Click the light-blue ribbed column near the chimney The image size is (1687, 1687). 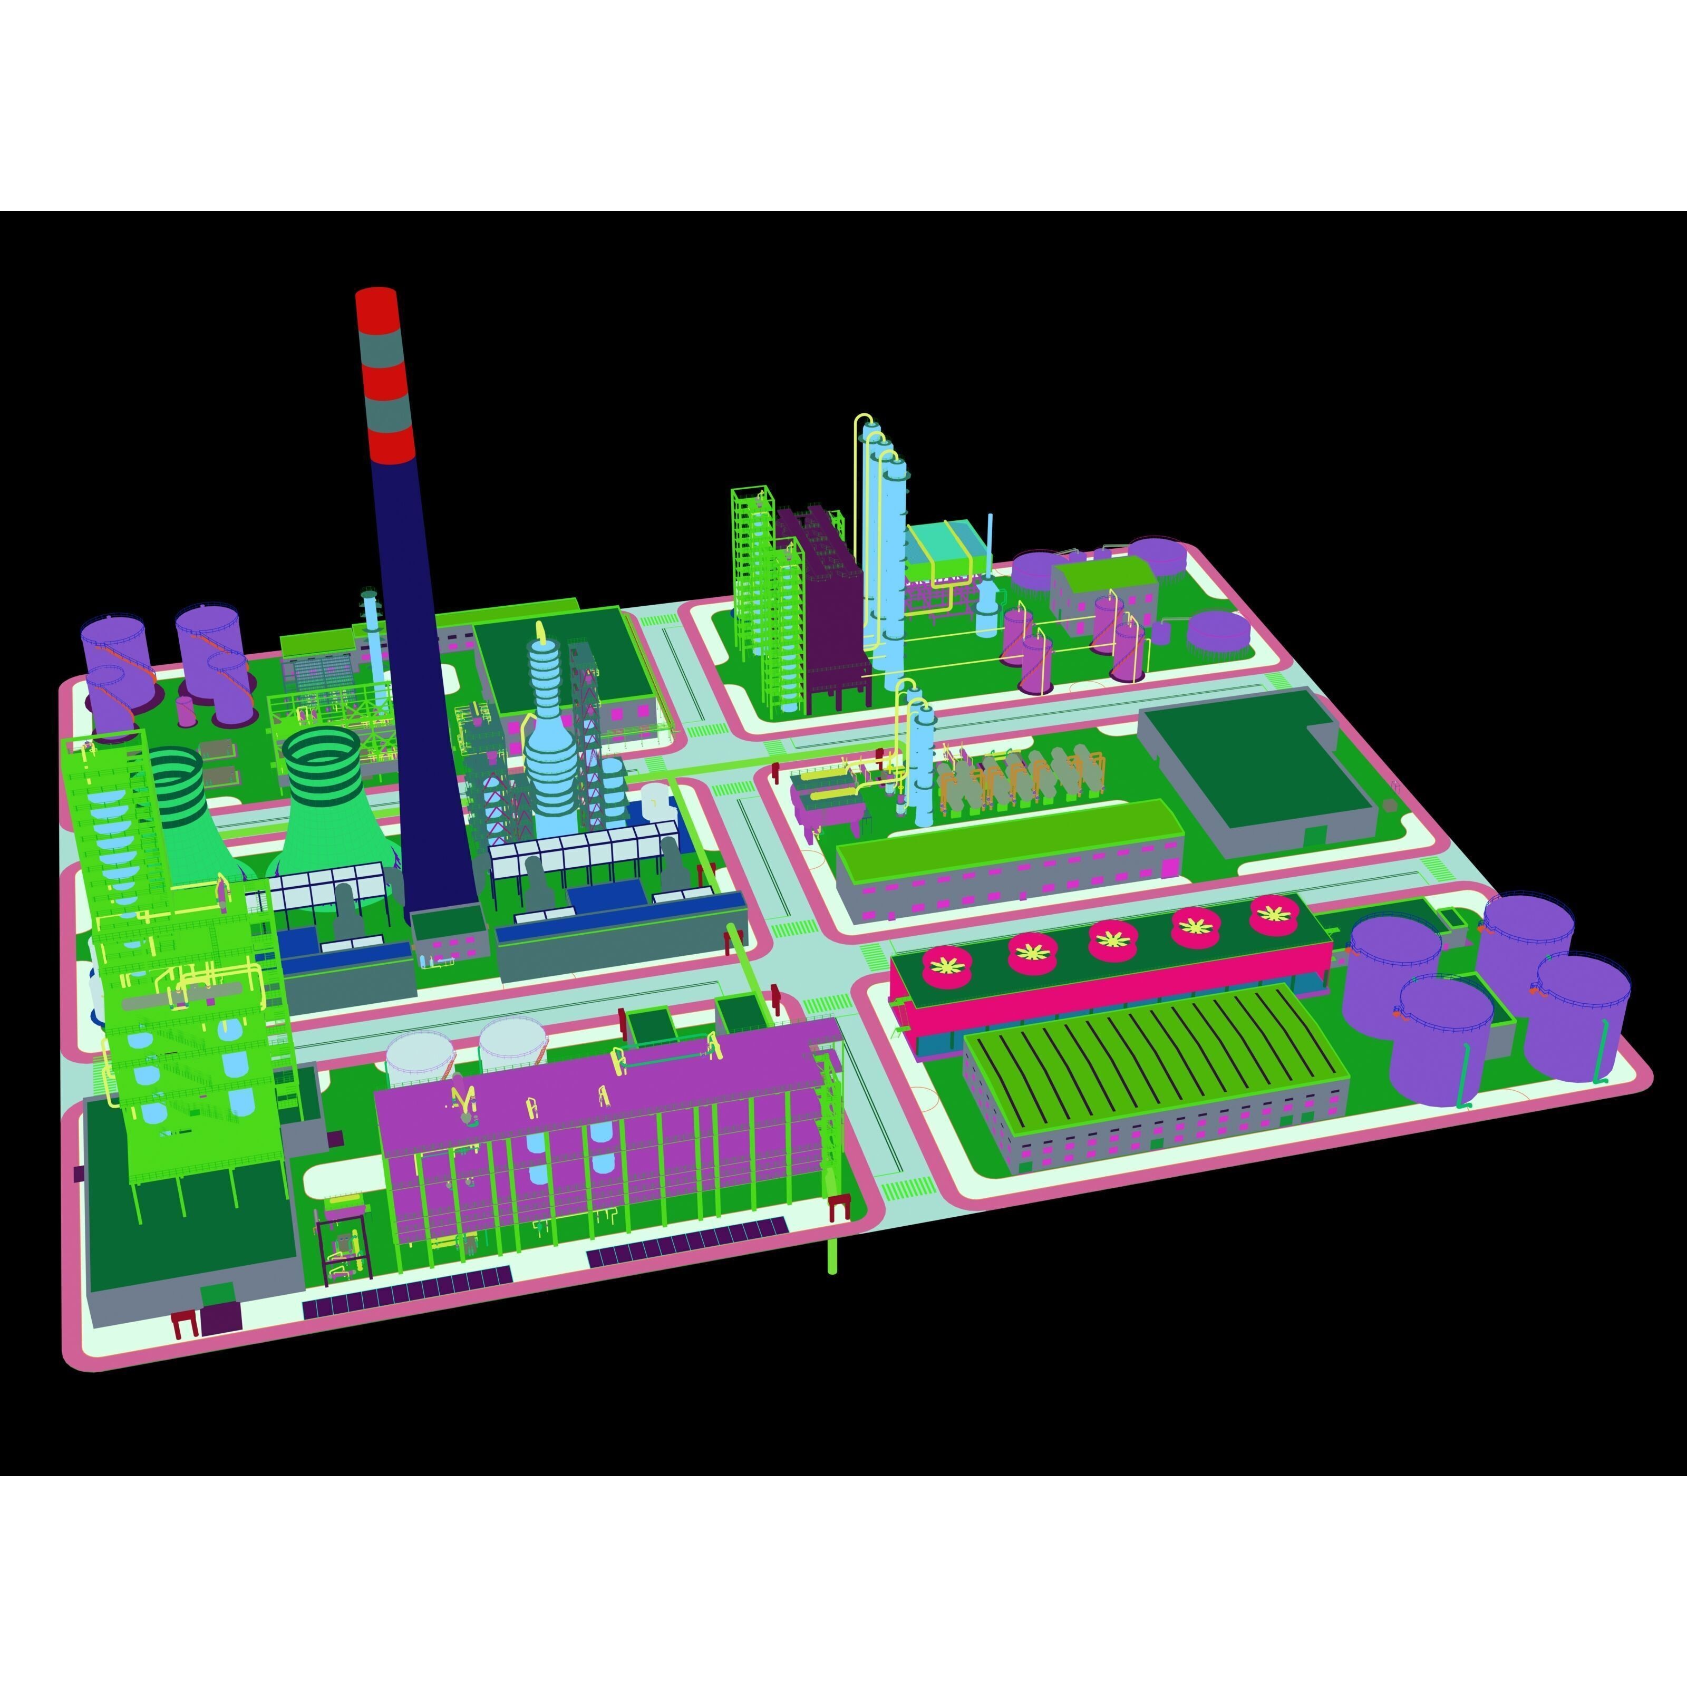548,742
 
